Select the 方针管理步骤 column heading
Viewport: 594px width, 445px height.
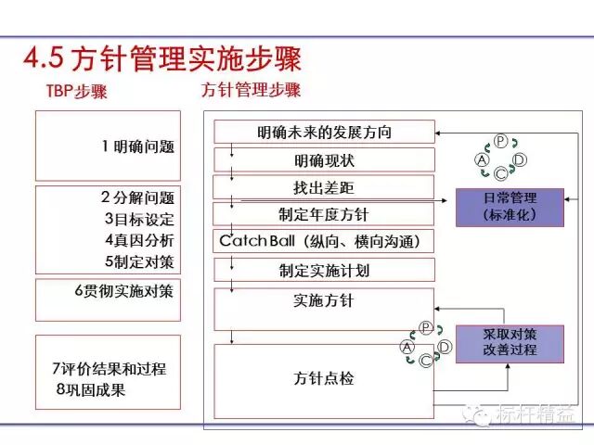pos(252,91)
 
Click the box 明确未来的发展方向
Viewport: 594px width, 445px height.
pos(325,133)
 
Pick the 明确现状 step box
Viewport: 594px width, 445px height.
pos(325,160)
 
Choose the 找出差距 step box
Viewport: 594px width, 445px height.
pos(325,187)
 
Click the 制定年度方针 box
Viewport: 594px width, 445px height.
pos(325,214)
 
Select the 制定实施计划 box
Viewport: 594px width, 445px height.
pos(325,271)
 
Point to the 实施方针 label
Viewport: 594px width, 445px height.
pos(324,301)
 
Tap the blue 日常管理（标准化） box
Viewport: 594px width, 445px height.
pos(510,207)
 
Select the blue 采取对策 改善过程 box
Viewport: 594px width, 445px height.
pos(510,342)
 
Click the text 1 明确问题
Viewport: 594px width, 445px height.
pos(138,146)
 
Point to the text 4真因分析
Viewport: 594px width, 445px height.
pos(138,240)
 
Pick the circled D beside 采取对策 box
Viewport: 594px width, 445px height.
pos(445,346)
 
